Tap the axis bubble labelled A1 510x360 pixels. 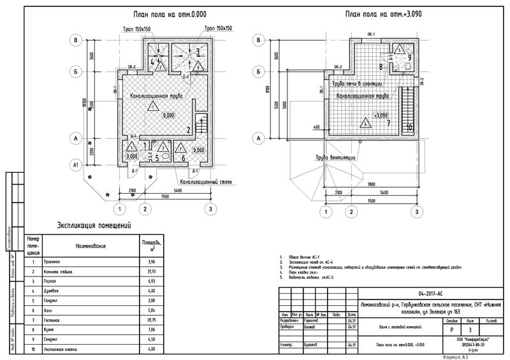click(x=76, y=165)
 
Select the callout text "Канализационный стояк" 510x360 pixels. click(x=205, y=182)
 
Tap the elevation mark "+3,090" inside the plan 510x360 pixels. click(x=381, y=115)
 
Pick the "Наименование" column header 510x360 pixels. click(x=90, y=245)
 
